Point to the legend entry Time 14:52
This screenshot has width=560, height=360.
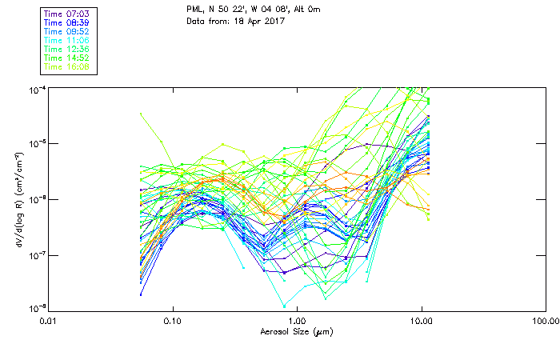(x=66, y=58)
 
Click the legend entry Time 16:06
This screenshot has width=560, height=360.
(x=66, y=67)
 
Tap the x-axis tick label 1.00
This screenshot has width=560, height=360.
(x=297, y=322)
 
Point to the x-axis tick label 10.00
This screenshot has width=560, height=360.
(x=421, y=322)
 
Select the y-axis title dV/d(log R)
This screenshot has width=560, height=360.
(x=18, y=197)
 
